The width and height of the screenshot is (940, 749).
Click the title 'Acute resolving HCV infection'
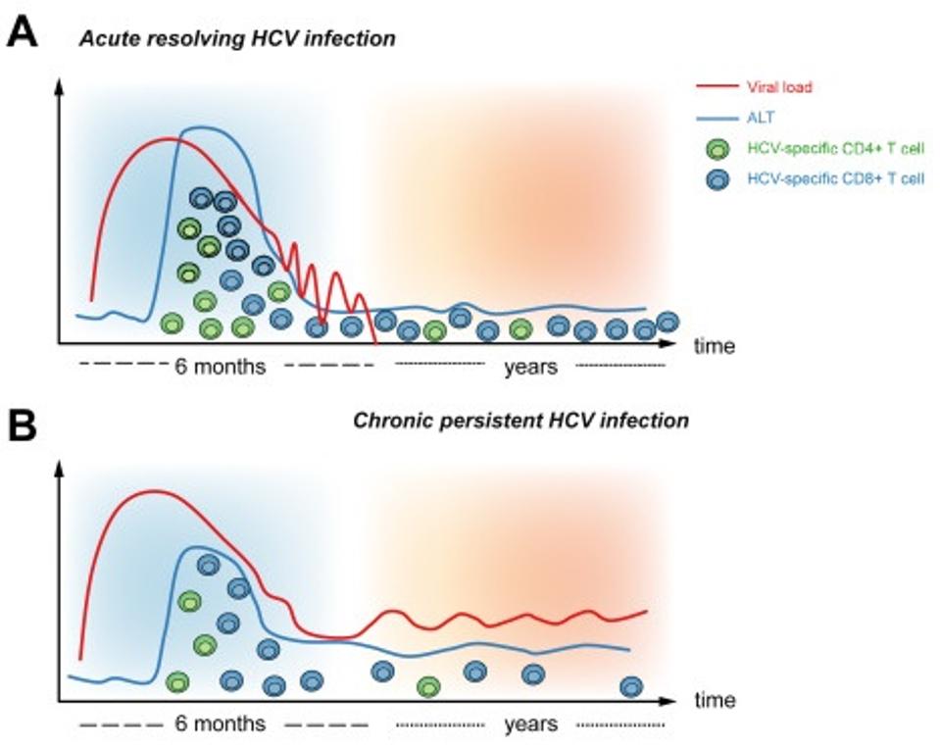pos(237,40)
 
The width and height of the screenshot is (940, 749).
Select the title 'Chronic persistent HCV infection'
pos(520,422)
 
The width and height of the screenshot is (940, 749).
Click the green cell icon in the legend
pos(718,149)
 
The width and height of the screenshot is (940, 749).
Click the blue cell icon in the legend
pos(718,180)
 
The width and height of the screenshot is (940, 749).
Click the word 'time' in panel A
pos(715,346)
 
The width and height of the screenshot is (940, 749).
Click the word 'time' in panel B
pos(715,702)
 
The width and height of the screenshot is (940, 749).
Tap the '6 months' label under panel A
pos(221,368)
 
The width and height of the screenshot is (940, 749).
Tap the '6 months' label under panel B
pos(221,724)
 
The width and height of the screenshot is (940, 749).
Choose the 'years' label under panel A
pos(530,368)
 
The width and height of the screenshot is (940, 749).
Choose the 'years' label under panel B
pos(530,724)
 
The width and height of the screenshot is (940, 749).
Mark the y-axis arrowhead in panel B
pos(60,468)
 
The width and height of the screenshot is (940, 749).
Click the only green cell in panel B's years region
pos(428,686)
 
